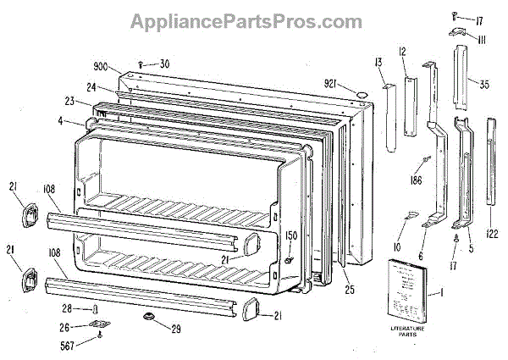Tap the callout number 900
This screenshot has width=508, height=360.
point(101,66)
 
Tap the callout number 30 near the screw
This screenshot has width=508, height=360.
point(164,63)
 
